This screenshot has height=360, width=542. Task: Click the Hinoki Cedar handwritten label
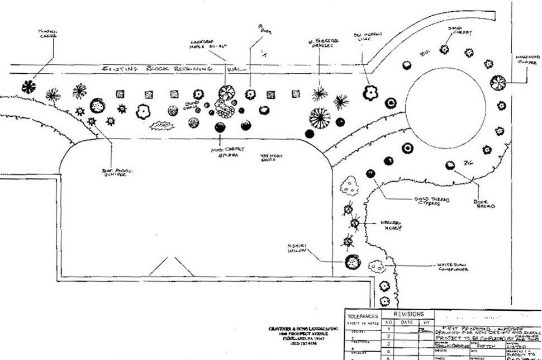click(x=47, y=34)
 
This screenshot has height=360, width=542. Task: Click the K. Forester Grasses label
click(x=324, y=44)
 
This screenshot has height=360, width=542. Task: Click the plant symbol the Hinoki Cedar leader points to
click(x=28, y=87)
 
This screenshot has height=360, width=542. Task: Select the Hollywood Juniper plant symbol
click(x=497, y=83)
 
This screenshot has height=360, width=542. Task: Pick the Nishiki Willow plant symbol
click(x=353, y=262)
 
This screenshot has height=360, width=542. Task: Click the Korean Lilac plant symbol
click(x=370, y=93)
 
